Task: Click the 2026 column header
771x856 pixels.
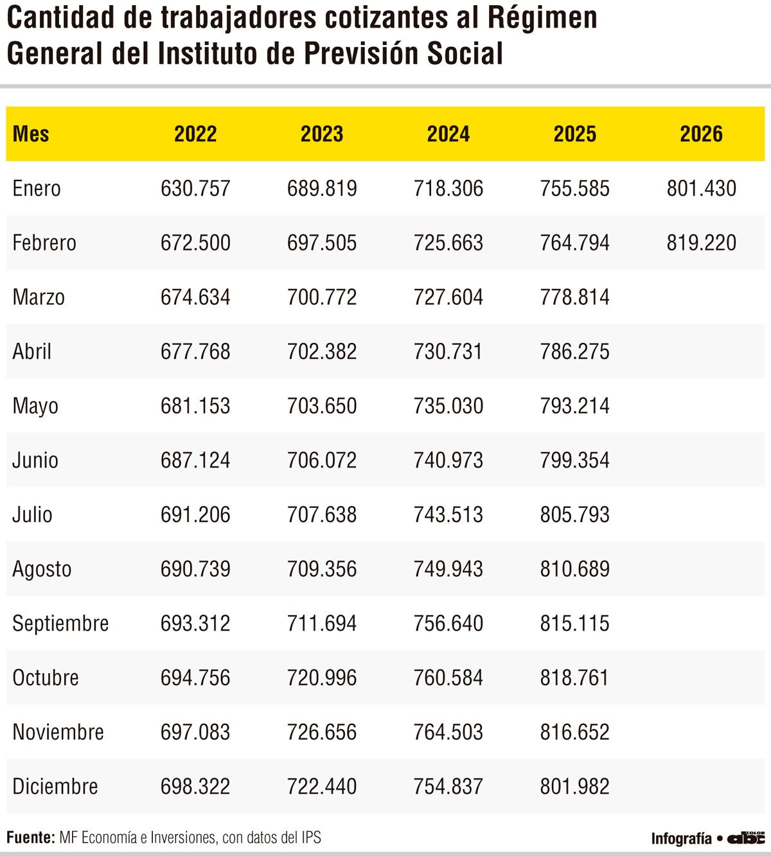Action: [x=701, y=134]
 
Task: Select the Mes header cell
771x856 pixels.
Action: [x=31, y=134]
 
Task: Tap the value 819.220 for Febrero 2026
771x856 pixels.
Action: [x=701, y=243]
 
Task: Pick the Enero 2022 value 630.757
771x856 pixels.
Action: [x=195, y=188]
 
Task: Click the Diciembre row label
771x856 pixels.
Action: [x=55, y=786]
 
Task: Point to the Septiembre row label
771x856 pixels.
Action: [x=60, y=623]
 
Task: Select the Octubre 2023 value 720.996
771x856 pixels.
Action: [x=322, y=677]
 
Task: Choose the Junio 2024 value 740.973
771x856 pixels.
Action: [x=448, y=460]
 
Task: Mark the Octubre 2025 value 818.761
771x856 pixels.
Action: [x=574, y=677]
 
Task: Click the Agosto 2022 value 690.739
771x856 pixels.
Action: [x=195, y=569]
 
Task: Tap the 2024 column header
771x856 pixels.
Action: [x=448, y=134]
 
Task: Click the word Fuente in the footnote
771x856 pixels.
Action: [x=30, y=837]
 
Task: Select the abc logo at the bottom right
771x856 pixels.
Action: [x=745, y=837]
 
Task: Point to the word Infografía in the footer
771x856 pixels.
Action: [x=681, y=838]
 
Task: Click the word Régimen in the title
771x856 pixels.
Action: [x=542, y=18]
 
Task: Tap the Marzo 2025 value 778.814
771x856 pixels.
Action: [x=574, y=297]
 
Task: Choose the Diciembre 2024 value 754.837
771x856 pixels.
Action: [x=448, y=786]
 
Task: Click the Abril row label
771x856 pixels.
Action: [x=32, y=351]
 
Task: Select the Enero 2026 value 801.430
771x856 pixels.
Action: [x=701, y=188]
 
